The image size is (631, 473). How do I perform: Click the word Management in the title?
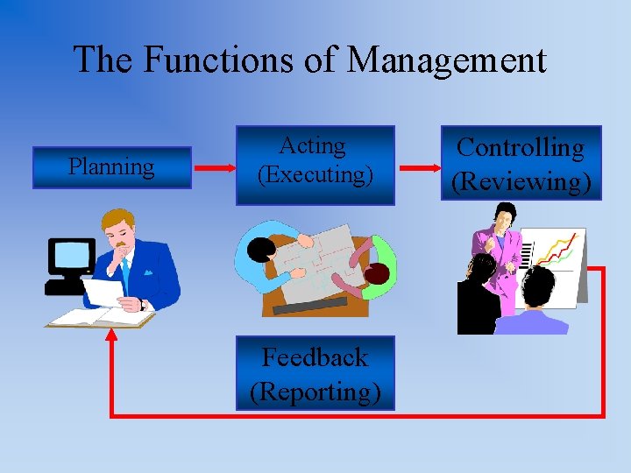pos(447,60)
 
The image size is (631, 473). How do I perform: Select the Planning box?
pos(111,167)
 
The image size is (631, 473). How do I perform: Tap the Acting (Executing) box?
pos(315,165)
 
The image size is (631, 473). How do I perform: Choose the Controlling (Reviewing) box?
pos(521,163)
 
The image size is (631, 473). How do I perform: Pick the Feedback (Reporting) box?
pos(315,373)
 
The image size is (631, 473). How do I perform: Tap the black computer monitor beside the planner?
pos(70,257)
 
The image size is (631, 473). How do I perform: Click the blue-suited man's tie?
pos(125,272)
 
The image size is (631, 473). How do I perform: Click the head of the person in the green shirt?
pos(376,274)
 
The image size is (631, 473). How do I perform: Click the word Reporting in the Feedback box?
pos(315,391)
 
